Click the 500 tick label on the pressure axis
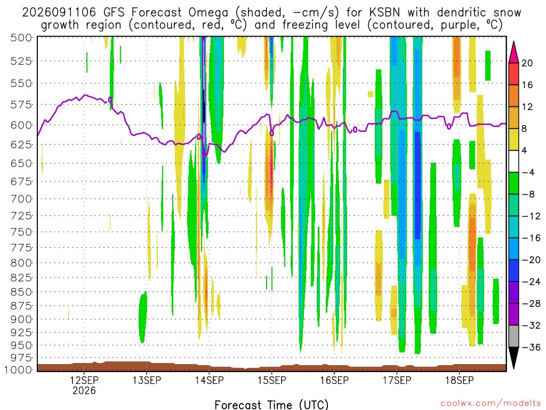pyautogui.click(x=21, y=38)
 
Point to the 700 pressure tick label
pyautogui.click(x=21, y=199)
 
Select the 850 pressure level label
pyautogui.click(x=21, y=292)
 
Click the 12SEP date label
pyautogui.click(x=84, y=380)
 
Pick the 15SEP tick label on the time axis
pyautogui.click(x=272, y=380)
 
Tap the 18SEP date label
pyautogui.click(x=460, y=380)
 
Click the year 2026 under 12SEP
pyautogui.click(x=84, y=390)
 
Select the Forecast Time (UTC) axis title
pyautogui.click(x=271, y=405)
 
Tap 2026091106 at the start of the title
pyautogui.click(x=59, y=13)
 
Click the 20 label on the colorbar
pyautogui.click(x=527, y=63)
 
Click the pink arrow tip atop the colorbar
pyautogui.click(x=513, y=42)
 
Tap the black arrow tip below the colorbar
pyautogui.click(x=513, y=369)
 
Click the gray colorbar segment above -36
pyautogui.click(x=513, y=336)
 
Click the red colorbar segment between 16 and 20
pyautogui.click(x=513, y=74)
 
